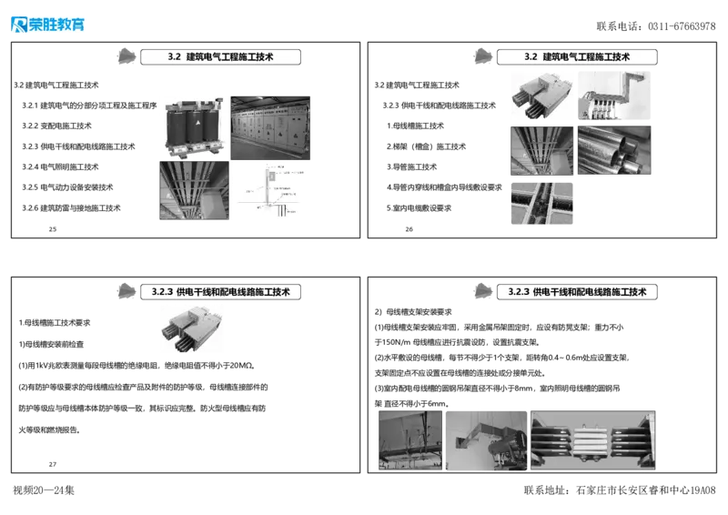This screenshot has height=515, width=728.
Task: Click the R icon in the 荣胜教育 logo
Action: coord(18,25)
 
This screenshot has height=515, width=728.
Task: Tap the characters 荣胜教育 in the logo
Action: coord(57,25)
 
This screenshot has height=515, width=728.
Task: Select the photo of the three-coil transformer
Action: coord(191,127)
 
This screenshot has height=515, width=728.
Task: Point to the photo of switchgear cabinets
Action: coord(271,127)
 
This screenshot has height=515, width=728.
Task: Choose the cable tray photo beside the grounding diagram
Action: coord(191,191)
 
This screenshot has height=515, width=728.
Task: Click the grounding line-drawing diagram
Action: coord(271,193)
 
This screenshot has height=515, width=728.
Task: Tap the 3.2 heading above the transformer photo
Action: coord(221,57)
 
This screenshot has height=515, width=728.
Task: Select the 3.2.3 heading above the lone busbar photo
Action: coord(221,292)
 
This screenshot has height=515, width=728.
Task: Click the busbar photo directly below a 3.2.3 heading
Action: coord(192,329)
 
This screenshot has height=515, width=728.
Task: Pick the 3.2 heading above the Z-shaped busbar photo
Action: coord(578,57)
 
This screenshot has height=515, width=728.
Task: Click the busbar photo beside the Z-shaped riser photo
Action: coord(541,98)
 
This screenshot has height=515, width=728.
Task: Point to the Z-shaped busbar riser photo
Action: coord(613,98)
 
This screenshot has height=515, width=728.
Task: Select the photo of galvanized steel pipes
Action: coord(614,150)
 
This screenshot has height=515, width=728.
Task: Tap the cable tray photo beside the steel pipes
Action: coord(541,150)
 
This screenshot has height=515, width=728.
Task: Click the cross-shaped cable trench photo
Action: coord(541,203)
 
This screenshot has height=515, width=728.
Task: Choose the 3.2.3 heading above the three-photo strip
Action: coord(578,292)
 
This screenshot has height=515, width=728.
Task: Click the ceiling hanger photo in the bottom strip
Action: coord(410,439)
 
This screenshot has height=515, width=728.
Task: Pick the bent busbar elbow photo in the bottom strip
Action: coord(486,439)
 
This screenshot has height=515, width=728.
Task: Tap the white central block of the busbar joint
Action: coord(592,439)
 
